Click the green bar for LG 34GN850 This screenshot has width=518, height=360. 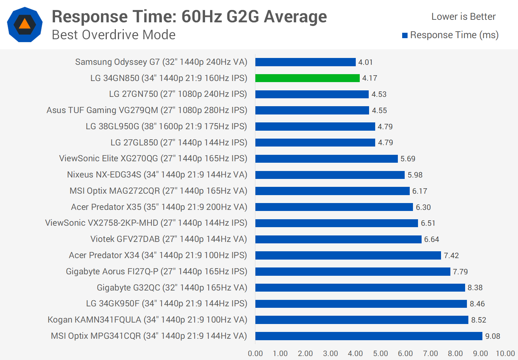click(x=307, y=78)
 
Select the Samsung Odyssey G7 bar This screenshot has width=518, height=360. click(x=305, y=62)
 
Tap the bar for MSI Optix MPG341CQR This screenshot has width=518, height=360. click(x=369, y=336)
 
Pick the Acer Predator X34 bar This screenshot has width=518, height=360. click(x=348, y=255)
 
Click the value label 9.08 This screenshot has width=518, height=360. click(x=492, y=336)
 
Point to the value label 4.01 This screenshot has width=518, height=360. click(x=365, y=62)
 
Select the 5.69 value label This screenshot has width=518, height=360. click(x=408, y=159)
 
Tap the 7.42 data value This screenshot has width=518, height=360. click(x=451, y=256)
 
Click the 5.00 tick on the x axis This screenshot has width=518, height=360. click(x=380, y=354)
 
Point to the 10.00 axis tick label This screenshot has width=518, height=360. click(x=505, y=354)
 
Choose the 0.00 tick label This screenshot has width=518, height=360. click(x=255, y=354)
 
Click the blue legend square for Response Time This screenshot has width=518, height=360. click(x=405, y=35)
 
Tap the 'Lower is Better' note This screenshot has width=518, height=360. click(x=463, y=17)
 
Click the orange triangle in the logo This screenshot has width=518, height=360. click(x=24, y=24)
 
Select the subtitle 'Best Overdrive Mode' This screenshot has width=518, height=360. click(x=114, y=35)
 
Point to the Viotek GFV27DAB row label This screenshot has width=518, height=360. click(x=169, y=239)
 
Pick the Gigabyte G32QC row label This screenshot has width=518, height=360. click(x=172, y=288)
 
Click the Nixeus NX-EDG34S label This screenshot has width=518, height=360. click(x=157, y=175)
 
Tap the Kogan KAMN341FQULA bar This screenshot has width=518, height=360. click(x=362, y=320)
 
